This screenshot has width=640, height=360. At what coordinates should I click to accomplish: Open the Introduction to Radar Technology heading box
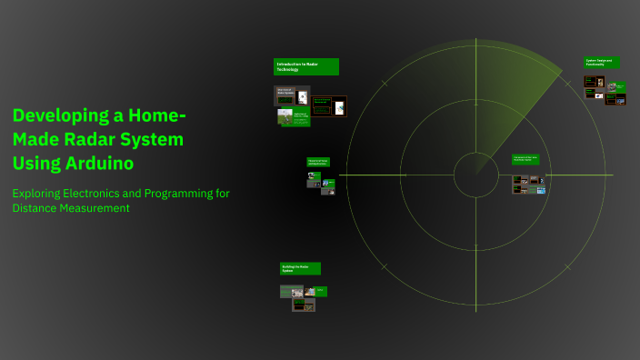click(306, 66)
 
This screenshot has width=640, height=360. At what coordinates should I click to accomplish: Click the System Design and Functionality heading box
click(602, 63)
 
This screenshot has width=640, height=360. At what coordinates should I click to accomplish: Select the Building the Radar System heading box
click(300, 268)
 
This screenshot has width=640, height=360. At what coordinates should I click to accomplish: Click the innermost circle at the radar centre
click(475, 175)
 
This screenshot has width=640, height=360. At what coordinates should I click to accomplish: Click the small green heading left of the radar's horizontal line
click(318, 162)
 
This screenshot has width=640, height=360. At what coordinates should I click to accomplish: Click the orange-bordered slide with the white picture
click(338, 107)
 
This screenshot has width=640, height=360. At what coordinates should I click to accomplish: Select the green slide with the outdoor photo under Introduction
click(288, 117)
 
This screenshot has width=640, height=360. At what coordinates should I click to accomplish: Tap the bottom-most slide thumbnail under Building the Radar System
click(303, 305)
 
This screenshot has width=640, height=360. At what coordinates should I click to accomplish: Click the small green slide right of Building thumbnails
click(321, 292)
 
